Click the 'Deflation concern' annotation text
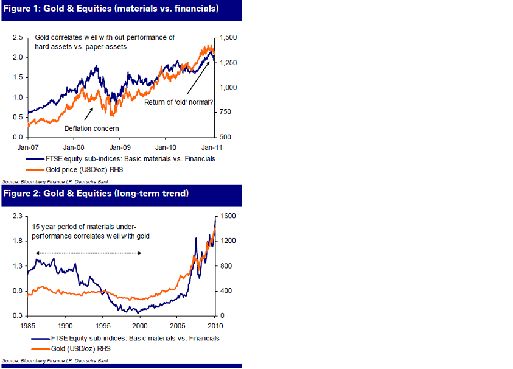point(92,128)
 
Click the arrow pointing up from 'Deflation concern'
point(88,113)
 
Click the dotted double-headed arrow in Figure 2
point(88,253)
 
